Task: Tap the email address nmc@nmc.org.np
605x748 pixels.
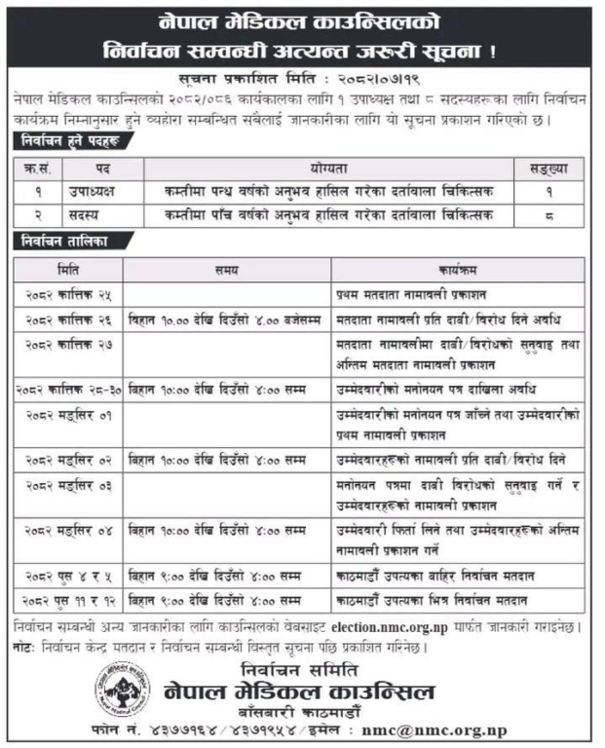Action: [447, 729]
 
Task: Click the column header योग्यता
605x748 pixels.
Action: [332, 168]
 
